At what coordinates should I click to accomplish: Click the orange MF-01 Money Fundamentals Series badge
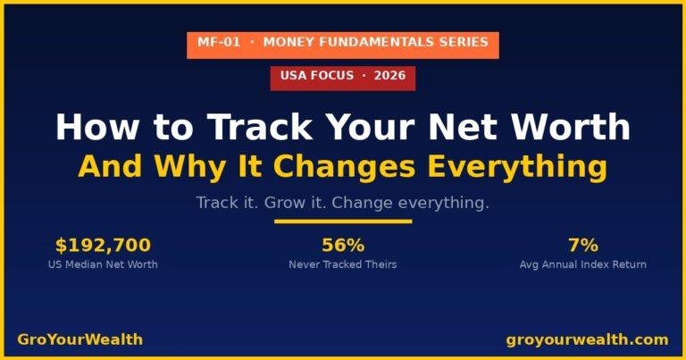point(342,43)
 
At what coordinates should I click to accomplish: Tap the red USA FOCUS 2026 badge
point(342,76)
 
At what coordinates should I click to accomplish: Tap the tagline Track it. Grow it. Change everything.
point(342,203)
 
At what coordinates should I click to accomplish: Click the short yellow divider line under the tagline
point(342,222)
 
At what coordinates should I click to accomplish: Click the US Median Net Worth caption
point(103,264)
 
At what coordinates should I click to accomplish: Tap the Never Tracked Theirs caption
point(342,264)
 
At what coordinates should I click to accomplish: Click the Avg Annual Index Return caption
point(582,264)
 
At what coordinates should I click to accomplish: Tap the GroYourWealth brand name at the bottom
point(79,339)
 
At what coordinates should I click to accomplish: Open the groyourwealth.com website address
point(587,339)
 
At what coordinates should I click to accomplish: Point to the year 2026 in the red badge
point(389,76)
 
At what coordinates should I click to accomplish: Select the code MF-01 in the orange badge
point(219,43)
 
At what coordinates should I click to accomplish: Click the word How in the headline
point(91,128)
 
